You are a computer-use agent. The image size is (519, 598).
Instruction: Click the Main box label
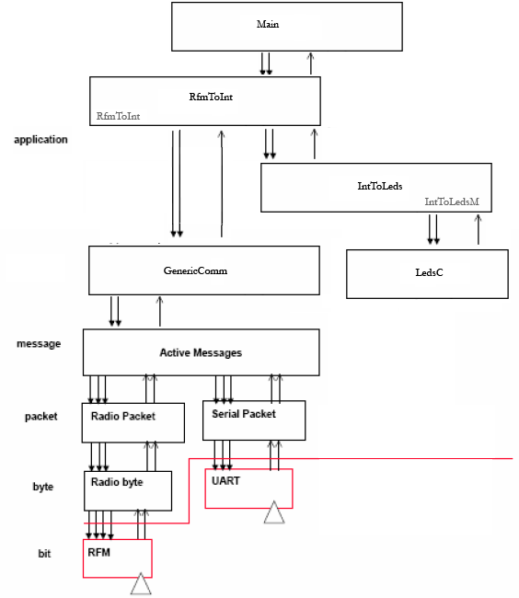click(x=268, y=24)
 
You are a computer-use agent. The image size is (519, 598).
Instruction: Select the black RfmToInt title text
click(x=211, y=97)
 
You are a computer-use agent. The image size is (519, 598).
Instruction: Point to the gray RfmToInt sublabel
click(x=118, y=116)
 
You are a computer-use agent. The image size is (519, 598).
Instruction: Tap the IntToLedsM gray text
click(x=452, y=201)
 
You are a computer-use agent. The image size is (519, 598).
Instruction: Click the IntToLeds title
click(x=380, y=186)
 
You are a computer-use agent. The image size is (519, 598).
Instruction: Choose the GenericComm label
click(x=195, y=270)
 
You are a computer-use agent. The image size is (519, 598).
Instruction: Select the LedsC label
click(x=430, y=272)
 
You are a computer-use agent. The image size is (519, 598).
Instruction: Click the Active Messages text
click(x=201, y=352)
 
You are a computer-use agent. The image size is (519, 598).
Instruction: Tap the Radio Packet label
click(x=123, y=416)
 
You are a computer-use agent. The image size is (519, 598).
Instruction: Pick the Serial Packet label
click(x=244, y=414)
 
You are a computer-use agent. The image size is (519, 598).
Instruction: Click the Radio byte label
click(x=117, y=482)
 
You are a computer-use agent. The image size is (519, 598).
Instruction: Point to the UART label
click(x=225, y=481)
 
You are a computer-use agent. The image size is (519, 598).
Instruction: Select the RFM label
click(x=98, y=552)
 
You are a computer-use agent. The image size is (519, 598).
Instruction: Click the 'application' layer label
click(x=40, y=140)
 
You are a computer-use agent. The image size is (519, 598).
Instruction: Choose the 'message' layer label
click(x=39, y=344)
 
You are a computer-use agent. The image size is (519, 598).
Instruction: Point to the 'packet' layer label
click(x=41, y=417)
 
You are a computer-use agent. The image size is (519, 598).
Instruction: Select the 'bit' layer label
click(x=44, y=553)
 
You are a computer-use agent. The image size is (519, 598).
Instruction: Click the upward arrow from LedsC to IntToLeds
click(x=479, y=229)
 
